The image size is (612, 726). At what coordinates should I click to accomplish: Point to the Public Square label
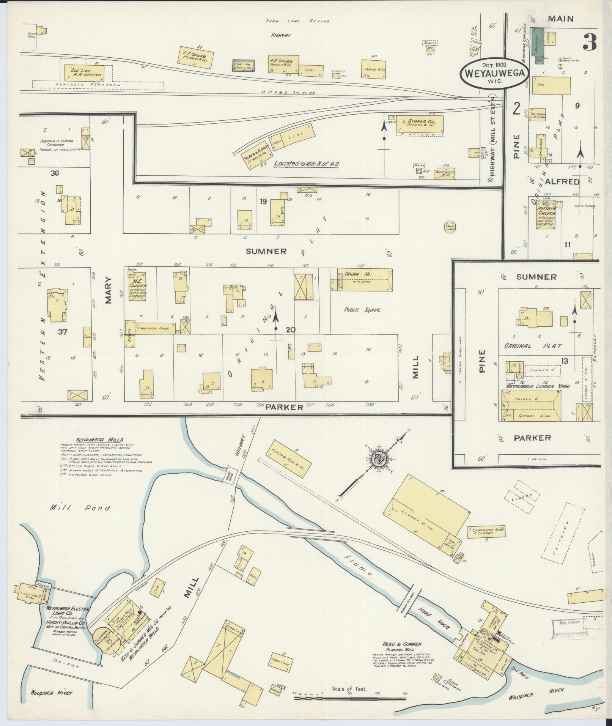tap(362, 310)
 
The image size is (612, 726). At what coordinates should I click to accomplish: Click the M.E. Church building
tap(138, 286)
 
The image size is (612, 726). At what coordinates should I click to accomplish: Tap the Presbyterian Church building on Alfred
tap(547, 214)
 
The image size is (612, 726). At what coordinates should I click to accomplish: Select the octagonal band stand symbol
tap(450, 227)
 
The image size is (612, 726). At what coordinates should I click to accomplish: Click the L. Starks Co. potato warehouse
tap(419, 124)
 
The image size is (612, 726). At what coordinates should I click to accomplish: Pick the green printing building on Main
tap(537, 45)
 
